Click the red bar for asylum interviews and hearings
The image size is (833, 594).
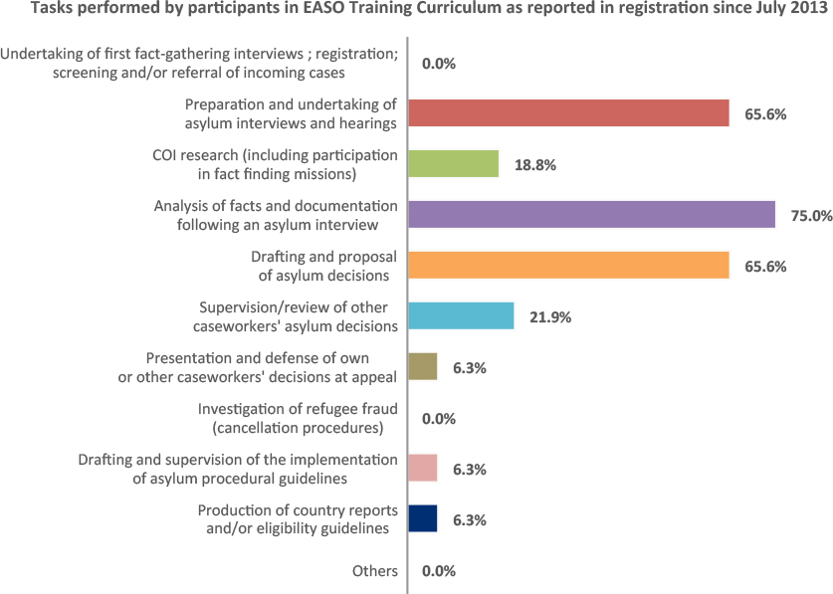tap(568, 113)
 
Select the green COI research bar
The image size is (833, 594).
tap(453, 164)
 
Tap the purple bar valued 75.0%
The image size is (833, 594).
tap(591, 215)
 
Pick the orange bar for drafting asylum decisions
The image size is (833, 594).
tap(568, 266)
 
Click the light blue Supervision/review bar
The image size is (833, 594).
tap(461, 316)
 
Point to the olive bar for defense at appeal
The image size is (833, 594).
tap(423, 367)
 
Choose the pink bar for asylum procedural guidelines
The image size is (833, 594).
tap(423, 469)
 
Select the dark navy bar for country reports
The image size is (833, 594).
tap(423, 519)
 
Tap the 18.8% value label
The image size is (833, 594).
tap(534, 164)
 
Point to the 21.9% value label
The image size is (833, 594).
tap(549, 316)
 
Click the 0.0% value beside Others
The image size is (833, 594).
tap(439, 570)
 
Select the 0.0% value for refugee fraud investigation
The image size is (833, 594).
tap(439, 419)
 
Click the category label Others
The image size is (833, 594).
tap(374, 571)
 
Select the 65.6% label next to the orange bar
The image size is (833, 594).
tap(765, 266)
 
